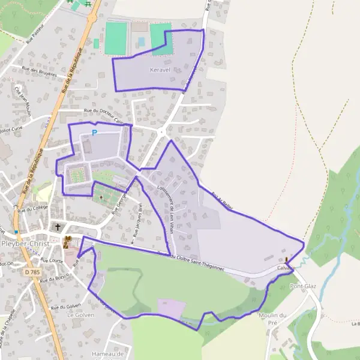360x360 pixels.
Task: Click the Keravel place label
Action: pyautogui.click(x=160, y=70)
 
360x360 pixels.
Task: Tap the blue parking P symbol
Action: pyautogui.click(x=94, y=133)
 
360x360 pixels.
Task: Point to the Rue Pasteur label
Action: pyautogui.click(x=38, y=40)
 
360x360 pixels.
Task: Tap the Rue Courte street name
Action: pyautogui.click(x=52, y=260)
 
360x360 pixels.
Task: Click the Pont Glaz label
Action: pyautogui.click(x=302, y=286)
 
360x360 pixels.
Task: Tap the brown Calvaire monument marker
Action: pyautogui.click(x=286, y=260)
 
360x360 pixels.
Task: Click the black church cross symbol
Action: pyautogui.click(x=58, y=227)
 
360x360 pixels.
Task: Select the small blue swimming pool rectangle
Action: pyautogui.click(x=142, y=42)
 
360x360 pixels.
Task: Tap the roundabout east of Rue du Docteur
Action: pyautogui.click(x=161, y=131)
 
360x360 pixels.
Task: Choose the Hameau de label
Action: pyautogui.click(x=107, y=354)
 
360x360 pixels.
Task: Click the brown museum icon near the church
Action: pyautogui.click(x=67, y=242)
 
